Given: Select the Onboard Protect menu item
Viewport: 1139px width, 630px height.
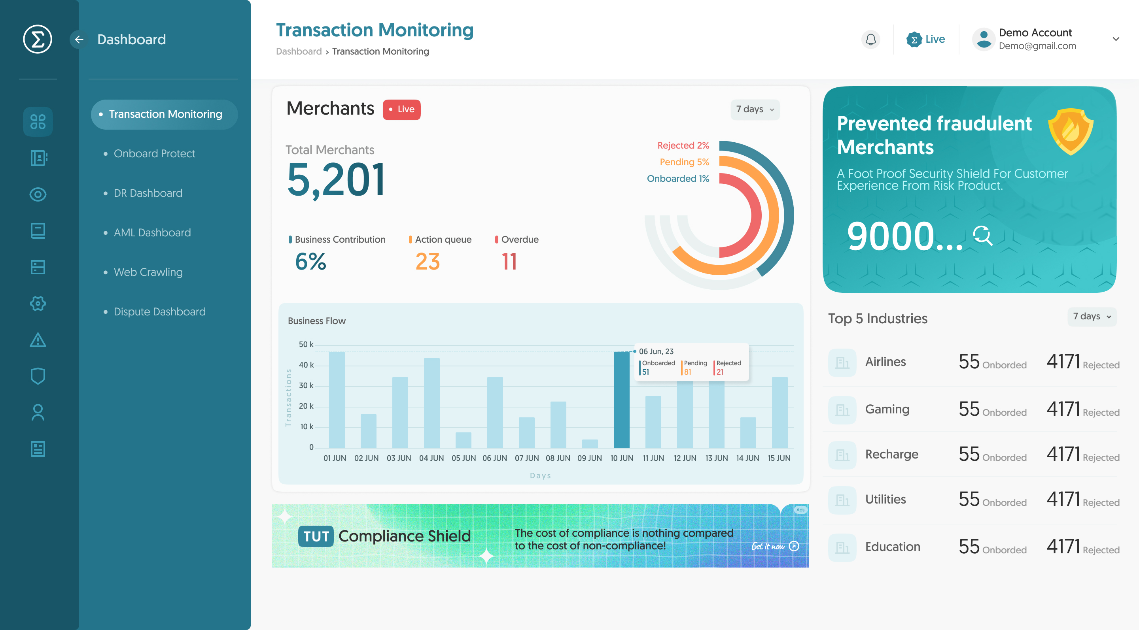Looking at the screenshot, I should (x=154, y=153).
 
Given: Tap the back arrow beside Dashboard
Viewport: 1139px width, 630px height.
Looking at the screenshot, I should (x=79, y=39).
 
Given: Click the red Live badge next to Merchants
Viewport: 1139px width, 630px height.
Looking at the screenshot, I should (x=401, y=109).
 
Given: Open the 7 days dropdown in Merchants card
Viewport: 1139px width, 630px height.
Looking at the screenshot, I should (x=755, y=109).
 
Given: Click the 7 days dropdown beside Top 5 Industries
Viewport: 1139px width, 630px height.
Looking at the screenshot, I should (x=1091, y=316).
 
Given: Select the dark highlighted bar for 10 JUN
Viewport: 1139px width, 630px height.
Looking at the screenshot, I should (x=621, y=400).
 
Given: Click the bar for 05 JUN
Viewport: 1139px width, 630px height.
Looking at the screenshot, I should (x=464, y=440).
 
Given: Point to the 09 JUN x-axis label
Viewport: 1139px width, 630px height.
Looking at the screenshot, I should (x=589, y=458).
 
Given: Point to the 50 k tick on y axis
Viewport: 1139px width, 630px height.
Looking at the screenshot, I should (x=306, y=344).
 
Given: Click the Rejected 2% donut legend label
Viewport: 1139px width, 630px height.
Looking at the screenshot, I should (x=683, y=145).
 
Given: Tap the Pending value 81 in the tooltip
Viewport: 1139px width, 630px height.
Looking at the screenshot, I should (x=688, y=372).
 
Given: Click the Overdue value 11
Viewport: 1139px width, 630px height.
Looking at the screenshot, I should (x=509, y=262).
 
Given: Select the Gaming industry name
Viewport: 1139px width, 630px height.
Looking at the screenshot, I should (x=887, y=409).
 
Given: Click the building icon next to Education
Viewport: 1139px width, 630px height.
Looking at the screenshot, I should (x=842, y=548).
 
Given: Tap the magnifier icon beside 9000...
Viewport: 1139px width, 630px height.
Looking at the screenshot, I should (x=982, y=236).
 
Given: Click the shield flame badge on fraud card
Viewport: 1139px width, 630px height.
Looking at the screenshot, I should (x=1071, y=131).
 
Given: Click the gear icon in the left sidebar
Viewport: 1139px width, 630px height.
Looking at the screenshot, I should (x=38, y=304).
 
